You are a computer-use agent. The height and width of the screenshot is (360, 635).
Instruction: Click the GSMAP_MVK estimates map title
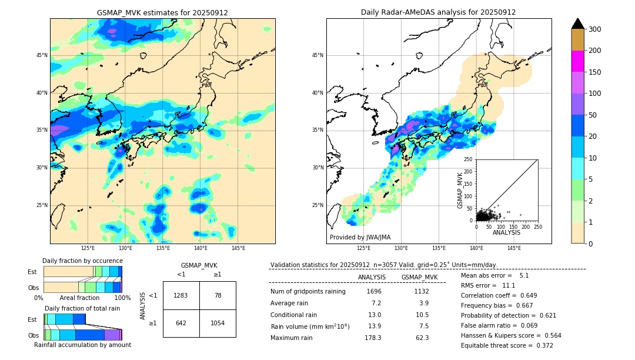pyautogui.click(x=162, y=12)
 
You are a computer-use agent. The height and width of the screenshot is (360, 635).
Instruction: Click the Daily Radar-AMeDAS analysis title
pyautogui.click(x=438, y=12)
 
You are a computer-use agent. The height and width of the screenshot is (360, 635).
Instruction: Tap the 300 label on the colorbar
pyautogui.click(x=596, y=29)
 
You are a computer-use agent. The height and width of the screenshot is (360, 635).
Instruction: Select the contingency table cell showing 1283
pyautogui.click(x=181, y=295)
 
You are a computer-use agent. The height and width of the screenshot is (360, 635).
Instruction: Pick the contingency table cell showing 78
pyautogui.click(x=218, y=295)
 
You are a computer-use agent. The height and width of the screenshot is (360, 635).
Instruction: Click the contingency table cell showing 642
pyautogui.click(x=181, y=323)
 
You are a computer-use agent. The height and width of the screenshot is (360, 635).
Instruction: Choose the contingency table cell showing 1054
pyautogui.click(x=218, y=323)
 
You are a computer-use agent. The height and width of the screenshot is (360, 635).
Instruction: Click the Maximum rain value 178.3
pyautogui.click(x=372, y=338)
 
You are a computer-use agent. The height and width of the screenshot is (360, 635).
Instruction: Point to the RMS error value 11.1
pyautogui.click(x=509, y=285)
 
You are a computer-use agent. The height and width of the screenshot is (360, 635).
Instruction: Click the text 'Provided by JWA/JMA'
pyautogui.click(x=360, y=237)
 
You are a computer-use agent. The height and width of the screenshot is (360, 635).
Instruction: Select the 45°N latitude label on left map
pyautogui.click(x=42, y=55)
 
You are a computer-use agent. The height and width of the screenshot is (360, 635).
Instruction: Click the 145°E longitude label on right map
pyautogui.click(x=514, y=248)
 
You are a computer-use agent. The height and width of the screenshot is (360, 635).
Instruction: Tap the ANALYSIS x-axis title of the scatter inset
pyautogui.click(x=506, y=232)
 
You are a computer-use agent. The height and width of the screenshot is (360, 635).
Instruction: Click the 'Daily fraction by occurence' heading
pyautogui.click(x=82, y=261)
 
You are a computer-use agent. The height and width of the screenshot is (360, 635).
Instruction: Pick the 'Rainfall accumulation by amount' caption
pyautogui.click(x=82, y=345)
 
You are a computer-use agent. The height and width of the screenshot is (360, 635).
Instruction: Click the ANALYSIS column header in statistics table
pyautogui.click(x=372, y=277)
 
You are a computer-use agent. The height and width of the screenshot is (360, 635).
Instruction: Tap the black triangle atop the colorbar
pyautogui.click(x=578, y=24)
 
